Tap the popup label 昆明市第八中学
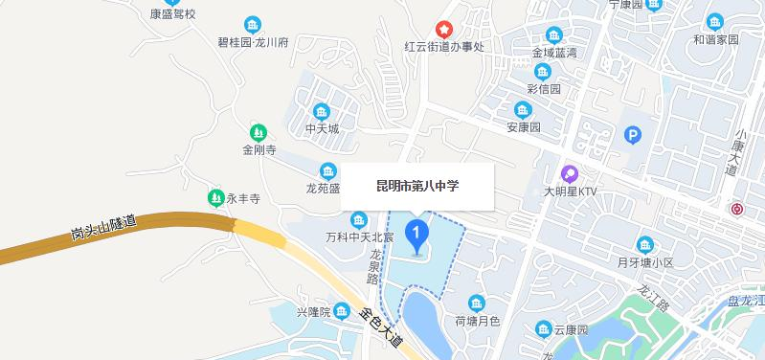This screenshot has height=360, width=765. pos(417,186)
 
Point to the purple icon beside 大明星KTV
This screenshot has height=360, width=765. pos(570,173)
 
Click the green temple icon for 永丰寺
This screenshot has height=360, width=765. pos(215,198)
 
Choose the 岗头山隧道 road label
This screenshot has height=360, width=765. pos(103,230)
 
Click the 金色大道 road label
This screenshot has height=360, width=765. pos(382,326)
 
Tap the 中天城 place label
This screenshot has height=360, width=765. pos(322,126)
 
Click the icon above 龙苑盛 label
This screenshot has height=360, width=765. pos(328,171)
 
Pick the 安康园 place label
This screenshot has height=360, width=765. pos(524,127)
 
